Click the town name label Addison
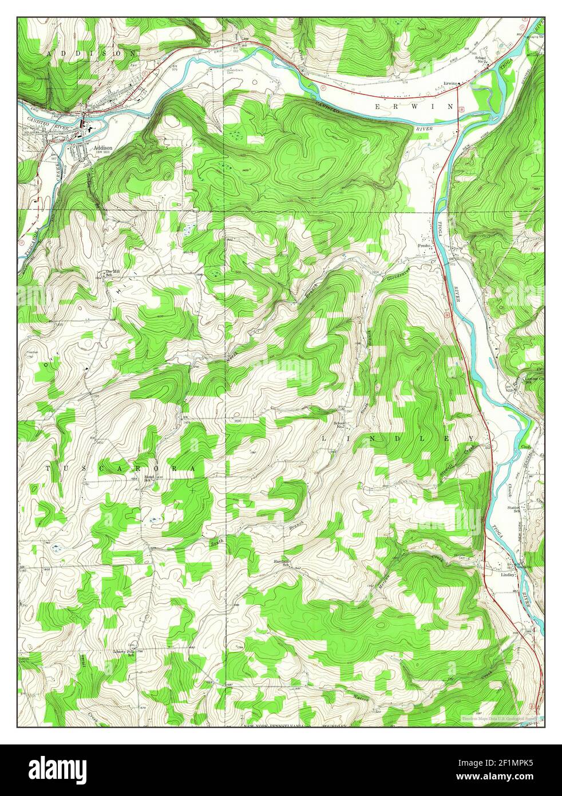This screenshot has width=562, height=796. click(103, 147)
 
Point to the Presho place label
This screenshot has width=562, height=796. click(424, 246)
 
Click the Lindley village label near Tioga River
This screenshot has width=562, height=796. click(507, 574)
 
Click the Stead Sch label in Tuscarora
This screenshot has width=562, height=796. click(149, 478)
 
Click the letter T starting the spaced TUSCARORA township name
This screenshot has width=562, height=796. click(48, 468)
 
